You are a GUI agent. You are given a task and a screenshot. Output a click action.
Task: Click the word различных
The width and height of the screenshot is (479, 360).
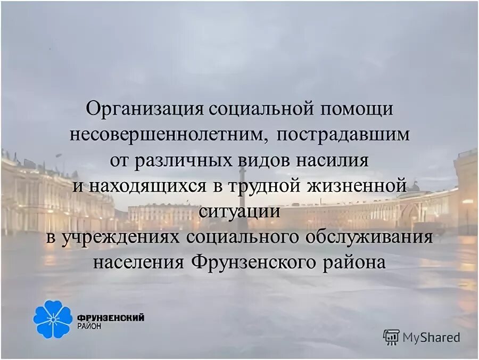coord(180,160)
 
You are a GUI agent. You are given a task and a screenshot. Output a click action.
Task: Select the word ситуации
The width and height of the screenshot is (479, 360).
coord(240,211)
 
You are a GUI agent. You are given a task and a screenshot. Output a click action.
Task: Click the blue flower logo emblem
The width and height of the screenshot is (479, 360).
coord(52,318)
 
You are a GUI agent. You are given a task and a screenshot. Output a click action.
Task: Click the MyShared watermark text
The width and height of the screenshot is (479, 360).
coord(431,337)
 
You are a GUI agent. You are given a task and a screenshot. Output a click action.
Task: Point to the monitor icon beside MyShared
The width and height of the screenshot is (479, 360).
coord(391,337)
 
